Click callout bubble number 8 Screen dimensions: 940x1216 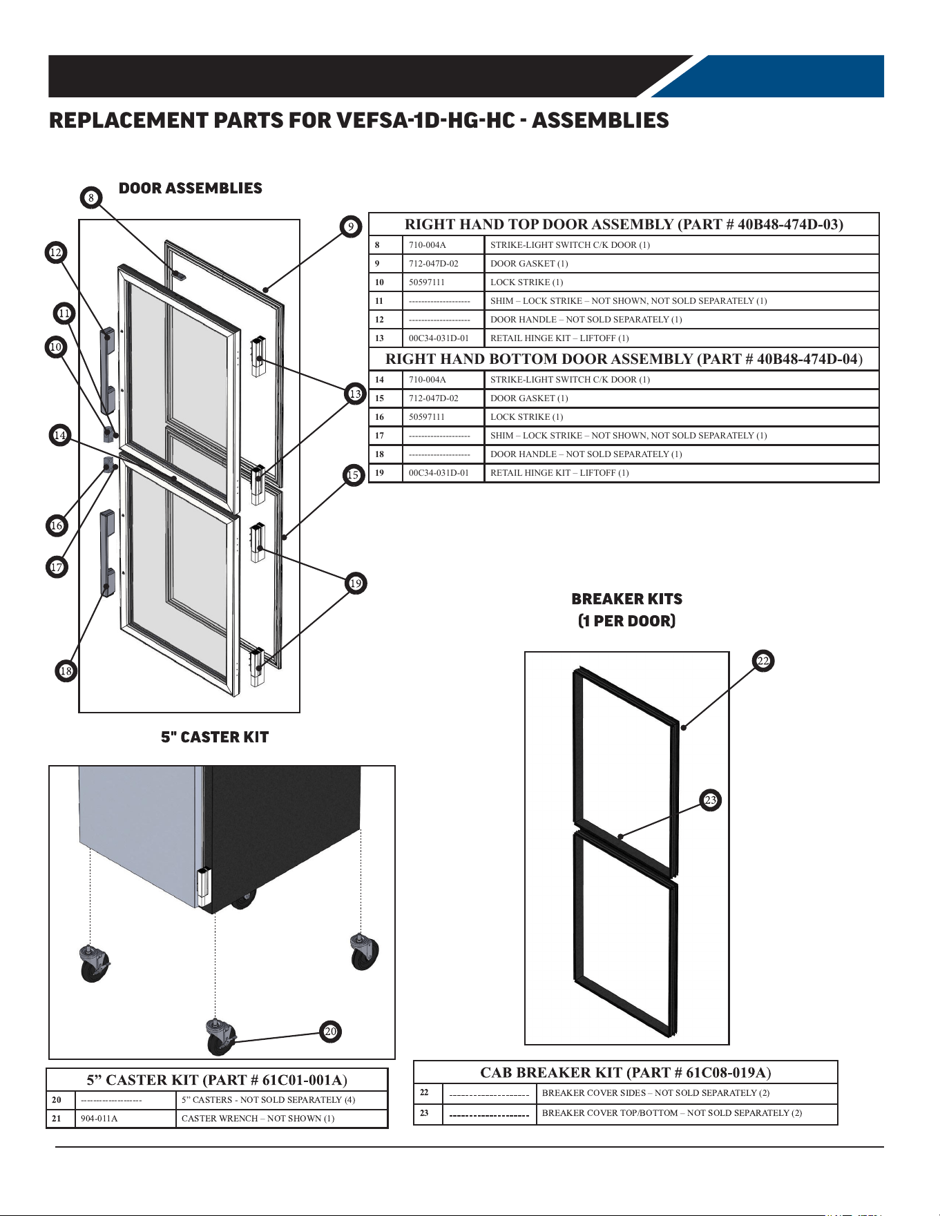90,197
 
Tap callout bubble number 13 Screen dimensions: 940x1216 355,394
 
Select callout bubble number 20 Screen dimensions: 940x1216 331,1031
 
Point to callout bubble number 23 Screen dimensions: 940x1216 711,800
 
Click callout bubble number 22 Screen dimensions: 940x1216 763,661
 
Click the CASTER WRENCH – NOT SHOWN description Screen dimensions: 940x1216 258,1118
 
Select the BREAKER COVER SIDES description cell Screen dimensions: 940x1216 655,1092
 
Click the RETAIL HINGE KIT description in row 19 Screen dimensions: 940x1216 559,472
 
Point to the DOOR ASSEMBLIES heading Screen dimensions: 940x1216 191,188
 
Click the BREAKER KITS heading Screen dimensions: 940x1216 627,599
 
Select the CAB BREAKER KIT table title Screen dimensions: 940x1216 626,1072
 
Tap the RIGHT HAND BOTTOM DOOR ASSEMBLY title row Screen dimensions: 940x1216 624,358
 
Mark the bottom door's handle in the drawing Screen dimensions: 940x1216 107,553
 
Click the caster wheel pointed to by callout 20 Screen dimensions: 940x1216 221,1036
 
